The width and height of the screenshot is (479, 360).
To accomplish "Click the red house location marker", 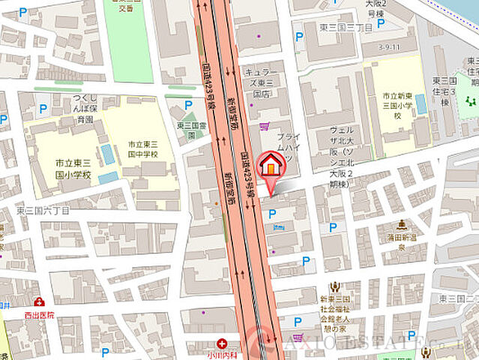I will point(271,165).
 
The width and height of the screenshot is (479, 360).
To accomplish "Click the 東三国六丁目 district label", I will point(43,211).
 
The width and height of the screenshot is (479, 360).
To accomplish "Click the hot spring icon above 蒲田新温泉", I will point(402,223).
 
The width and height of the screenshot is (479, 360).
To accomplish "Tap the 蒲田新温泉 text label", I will point(403,240).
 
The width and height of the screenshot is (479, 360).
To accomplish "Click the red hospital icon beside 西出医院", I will point(37,301).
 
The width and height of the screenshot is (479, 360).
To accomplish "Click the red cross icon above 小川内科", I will point(222,343).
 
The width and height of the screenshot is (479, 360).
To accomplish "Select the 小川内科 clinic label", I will point(222,355).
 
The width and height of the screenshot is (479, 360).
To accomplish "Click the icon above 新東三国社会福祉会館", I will point(334,285).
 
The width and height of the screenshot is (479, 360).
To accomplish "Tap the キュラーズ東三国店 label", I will point(261,83).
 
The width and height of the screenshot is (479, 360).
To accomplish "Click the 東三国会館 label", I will point(192,130).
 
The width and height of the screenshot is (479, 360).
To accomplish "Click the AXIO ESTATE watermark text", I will point(352,345).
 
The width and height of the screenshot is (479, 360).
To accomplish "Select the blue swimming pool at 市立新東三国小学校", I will point(421,103).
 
